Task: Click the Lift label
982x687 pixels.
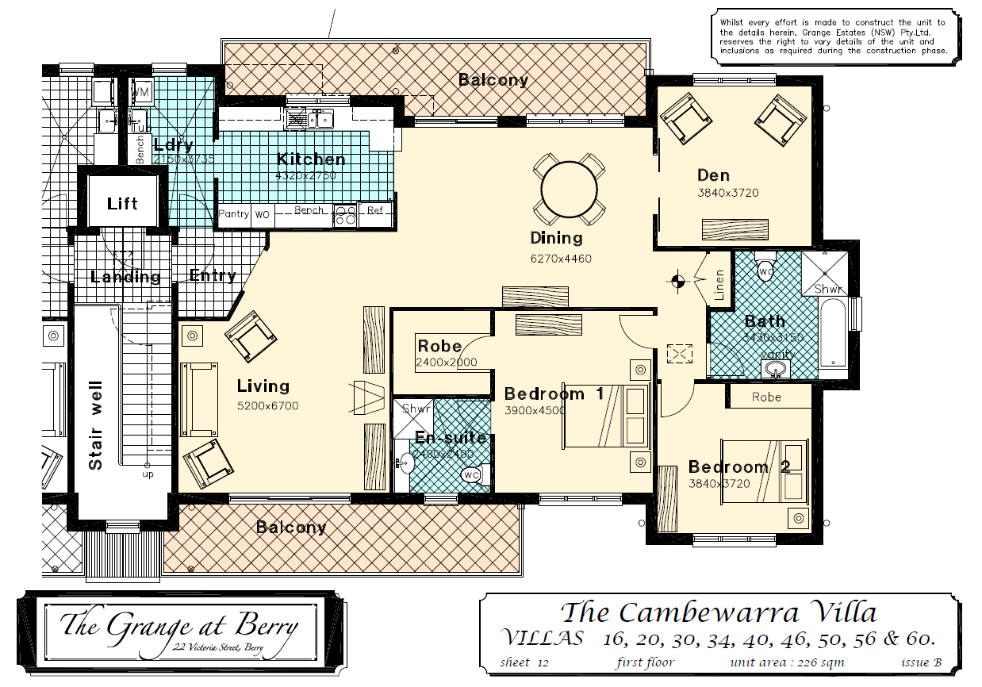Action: click(122, 204)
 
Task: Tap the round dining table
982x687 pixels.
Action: click(569, 190)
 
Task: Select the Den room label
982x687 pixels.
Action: click(713, 175)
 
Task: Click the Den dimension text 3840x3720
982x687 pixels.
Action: click(727, 193)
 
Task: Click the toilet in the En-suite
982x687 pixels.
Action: click(471, 474)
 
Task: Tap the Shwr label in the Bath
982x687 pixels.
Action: click(829, 289)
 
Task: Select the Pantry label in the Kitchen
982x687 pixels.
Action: click(234, 213)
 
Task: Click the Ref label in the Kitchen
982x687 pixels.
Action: click(375, 211)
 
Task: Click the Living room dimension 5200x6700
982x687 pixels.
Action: click(267, 406)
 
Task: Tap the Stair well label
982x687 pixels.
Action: click(96, 436)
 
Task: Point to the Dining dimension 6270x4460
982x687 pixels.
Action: click(561, 259)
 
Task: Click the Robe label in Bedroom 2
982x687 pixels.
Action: click(766, 397)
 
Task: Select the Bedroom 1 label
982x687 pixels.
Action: click(554, 393)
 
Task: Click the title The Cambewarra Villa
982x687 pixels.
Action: click(719, 612)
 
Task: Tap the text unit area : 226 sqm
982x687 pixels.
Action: click(787, 662)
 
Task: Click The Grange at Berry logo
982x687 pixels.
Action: click(179, 629)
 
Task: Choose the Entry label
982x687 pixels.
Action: click(213, 276)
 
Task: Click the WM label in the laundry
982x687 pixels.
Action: click(140, 93)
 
